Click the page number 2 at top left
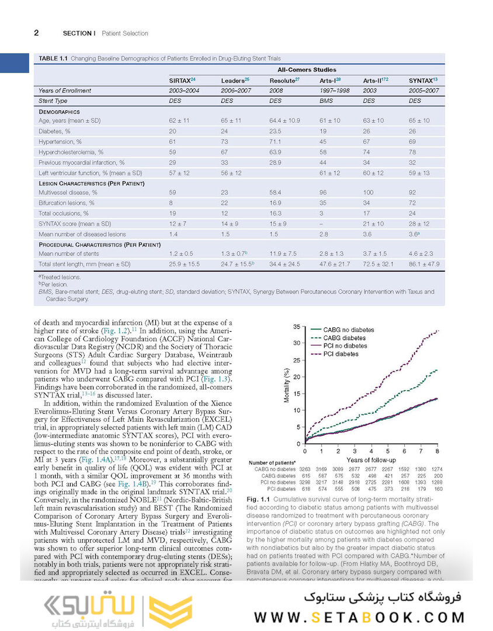pyautogui.click(x=36, y=33)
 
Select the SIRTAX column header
pyautogui.click(x=182, y=80)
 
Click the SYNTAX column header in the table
pyautogui.click(x=423, y=80)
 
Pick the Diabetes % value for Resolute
pyautogui.click(x=276, y=131)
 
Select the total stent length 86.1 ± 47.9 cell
pyautogui.click(x=423, y=264)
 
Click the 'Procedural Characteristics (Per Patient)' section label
pyautogui.click(x=99, y=244)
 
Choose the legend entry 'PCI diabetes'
pyautogui.click(x=341, y=355)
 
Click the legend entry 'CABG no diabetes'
pyautogui.click(x=345, y=330)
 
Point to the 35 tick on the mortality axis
pyautogui.click(x=297, y=327)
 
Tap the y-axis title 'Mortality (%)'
pyautogui.click(x=286, y=385)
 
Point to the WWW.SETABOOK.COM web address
pyautogui.click(x=360, y=618)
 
